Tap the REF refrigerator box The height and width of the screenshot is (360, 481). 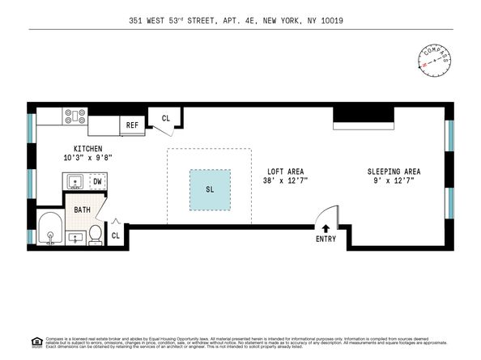click(x=132, y=125)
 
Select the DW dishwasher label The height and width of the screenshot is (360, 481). click(x=97, y=182)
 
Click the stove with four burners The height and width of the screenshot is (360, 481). click(x=75, y=116)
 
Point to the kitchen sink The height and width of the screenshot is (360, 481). click(x=73, y=182)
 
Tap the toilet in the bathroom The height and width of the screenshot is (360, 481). click(x=96, y=235)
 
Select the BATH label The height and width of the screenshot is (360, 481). click(x=83, y=210)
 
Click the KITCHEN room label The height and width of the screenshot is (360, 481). click(x=87, y=149)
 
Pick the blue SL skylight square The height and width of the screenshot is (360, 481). click(x=210, y=190)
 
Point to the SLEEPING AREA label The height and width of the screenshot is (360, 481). click(x=394, y=172)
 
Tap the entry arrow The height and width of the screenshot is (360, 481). click(x=326, y=230)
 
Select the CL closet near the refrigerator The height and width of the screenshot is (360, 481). click(x=166, y=118)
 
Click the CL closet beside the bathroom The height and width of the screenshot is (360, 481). click(x=116, y=235)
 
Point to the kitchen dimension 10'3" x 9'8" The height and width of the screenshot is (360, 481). click(x=87, y=158)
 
